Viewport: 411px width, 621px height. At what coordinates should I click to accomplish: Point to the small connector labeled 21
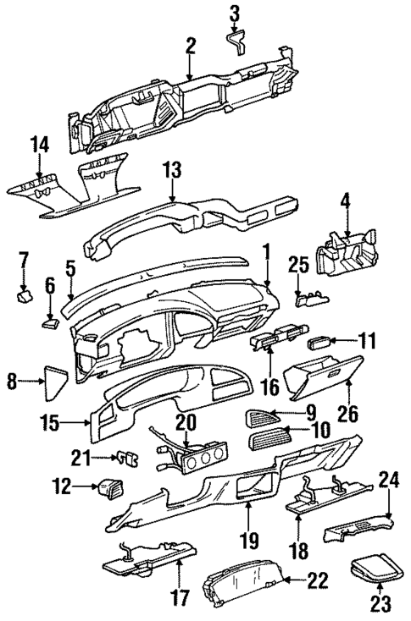click(128, 459)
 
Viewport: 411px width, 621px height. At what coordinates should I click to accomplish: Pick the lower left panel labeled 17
click(147, 559)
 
